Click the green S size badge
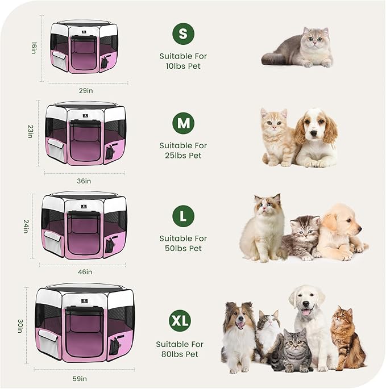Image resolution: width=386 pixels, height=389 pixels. click(182, 34)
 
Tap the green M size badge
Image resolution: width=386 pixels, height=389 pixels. click(182, 123)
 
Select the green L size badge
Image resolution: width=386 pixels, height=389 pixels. click(182, 216)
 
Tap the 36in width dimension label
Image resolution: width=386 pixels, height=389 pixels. click(84, 181)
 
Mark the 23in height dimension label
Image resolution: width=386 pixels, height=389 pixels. click(30, 132)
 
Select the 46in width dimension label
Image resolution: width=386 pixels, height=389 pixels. click(85, 272)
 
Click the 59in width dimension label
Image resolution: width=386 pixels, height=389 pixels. click(80, 379)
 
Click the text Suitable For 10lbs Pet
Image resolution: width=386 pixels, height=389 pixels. click(182, 61)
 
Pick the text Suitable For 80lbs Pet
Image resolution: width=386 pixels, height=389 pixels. click(180, 349)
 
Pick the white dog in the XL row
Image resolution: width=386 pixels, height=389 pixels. click(310, 324)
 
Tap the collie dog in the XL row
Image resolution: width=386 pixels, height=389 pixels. click(239, 335)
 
